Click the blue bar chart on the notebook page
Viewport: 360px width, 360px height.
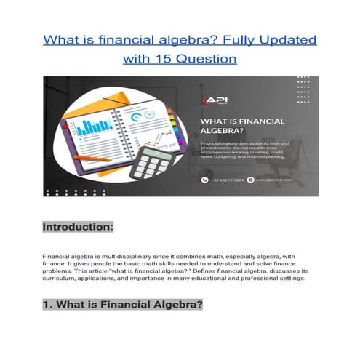pos(91,127)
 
